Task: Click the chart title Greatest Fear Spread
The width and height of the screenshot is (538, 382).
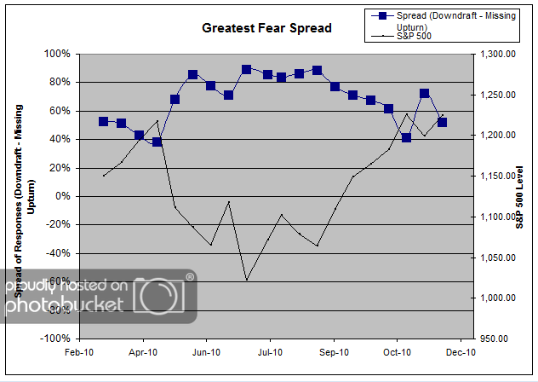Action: point(266,28)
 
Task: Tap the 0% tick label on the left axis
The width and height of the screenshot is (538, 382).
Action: point(62,196)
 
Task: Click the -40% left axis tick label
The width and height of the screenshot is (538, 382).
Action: point(59,253)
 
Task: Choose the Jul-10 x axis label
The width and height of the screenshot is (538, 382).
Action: point(270,351)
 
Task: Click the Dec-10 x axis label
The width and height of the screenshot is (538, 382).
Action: point(460,351)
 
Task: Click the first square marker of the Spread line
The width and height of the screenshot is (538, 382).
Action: point(104,122)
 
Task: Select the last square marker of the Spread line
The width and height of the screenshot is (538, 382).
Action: point(442,122)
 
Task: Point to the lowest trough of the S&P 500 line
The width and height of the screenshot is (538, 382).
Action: point(247,280)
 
